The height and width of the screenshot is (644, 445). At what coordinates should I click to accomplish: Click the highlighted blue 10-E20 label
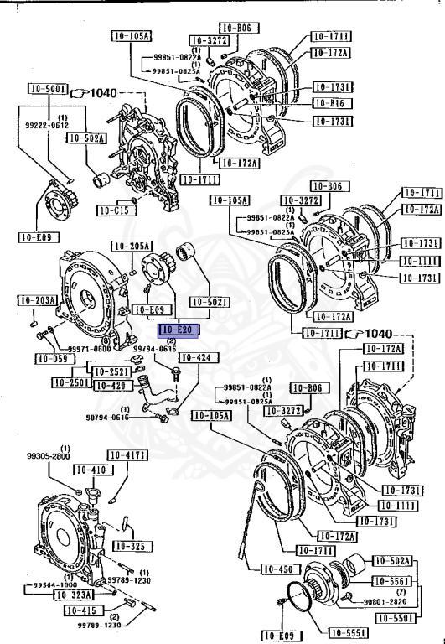point(177,330)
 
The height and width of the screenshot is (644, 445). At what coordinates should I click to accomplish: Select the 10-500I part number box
point(46,89)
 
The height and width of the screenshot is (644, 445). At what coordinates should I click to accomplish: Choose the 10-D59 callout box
point(51,359)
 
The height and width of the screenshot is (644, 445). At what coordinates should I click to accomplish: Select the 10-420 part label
point(110,386)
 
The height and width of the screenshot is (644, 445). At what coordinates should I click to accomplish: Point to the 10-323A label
point(74,595)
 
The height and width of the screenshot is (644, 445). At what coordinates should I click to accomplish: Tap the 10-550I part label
point(392,618)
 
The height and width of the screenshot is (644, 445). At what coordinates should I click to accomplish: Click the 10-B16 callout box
point(331,102)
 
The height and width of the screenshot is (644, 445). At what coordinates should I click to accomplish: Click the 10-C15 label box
point(113,210)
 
